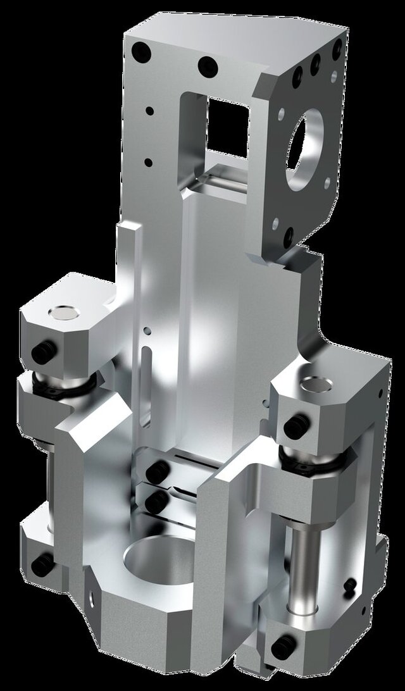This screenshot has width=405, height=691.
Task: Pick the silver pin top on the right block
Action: (x=316, y=383)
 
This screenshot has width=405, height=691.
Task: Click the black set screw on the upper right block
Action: (x=295, y=428)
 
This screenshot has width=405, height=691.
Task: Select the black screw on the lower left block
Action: (x=40, y=564)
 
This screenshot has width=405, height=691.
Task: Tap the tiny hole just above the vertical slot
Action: (x=147, y=330)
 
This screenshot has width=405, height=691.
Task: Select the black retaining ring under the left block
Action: (x=63, y=383)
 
